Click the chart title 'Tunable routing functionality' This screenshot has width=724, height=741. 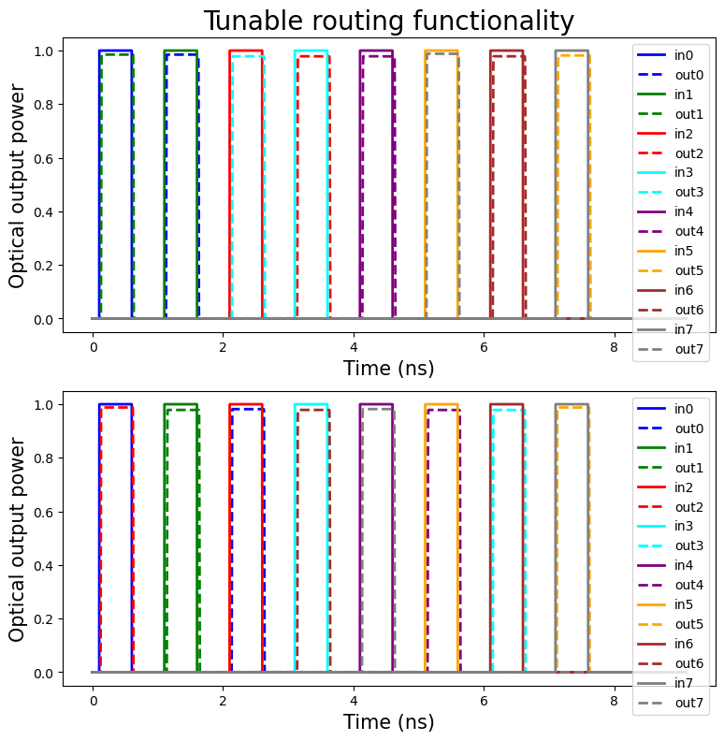pyautogui.click(x=388, y=21)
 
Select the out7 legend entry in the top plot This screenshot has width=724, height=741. pyautogui.click(x=672, y=349)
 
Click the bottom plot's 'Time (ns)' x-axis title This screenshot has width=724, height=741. pyautogui.click(x=388, y=722)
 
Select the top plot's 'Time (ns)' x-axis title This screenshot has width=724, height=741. pyautogui.click(x=388, y=369)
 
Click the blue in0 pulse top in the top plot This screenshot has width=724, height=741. pyautogui.click(x=115, y=51)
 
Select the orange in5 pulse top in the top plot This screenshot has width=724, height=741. pyautogui.click(x=442, y=51)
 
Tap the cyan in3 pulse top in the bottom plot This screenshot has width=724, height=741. pyautogui.click(x=311, y=404)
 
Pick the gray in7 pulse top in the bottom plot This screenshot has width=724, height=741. pyautogui.click(x=572, y=404)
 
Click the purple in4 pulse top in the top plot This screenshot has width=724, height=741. pyautogui.click(x=376, y=51)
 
